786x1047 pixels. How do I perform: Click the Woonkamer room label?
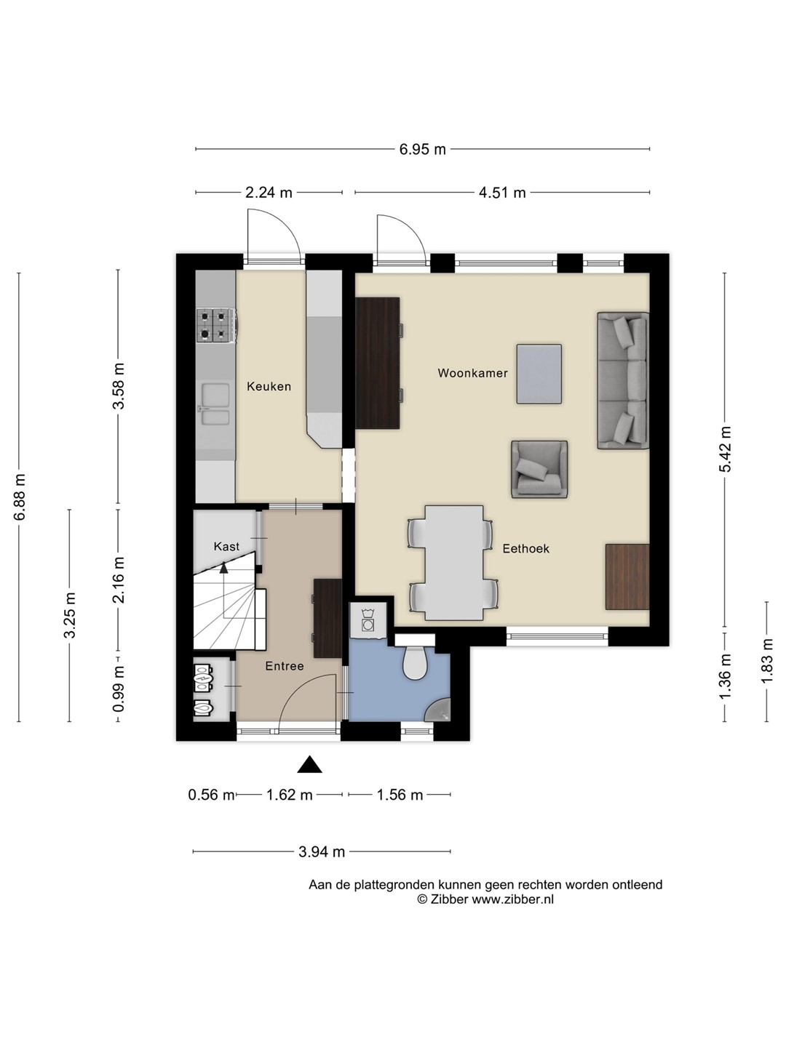pyautogui.click(x=472, y=373)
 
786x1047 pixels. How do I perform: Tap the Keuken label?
pyautogui.click(x=269, y=386)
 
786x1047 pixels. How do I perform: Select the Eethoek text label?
pyautogui.click(x=526, y=548)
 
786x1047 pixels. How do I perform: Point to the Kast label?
pyautogui.click(x=226, y=546)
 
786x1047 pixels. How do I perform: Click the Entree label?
pyautogui.click(x=285, y=666)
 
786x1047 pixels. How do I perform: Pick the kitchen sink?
pyautogui.click(x=215, y=404)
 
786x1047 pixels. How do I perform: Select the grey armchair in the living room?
pyautogui.click(x=539, y=470)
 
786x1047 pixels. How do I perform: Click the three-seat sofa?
pyautogui.click(x=623, y=381)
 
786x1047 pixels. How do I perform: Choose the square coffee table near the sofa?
pyautogui.click(x=539, y=374)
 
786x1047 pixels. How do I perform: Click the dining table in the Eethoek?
pyautogui.click(x=454, y=563)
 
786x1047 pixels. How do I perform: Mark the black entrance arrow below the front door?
pyautogui.click(x=310, y=765)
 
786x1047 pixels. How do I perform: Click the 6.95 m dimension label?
pyautogui.click(x=422, y=149)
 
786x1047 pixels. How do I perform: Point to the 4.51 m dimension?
pyautogui.click(x=502, y=192)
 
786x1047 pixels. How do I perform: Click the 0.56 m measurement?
pyautogui.click(x=211, y=795)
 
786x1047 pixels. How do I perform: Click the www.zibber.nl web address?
pyautogui.click(x=513, y=899)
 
